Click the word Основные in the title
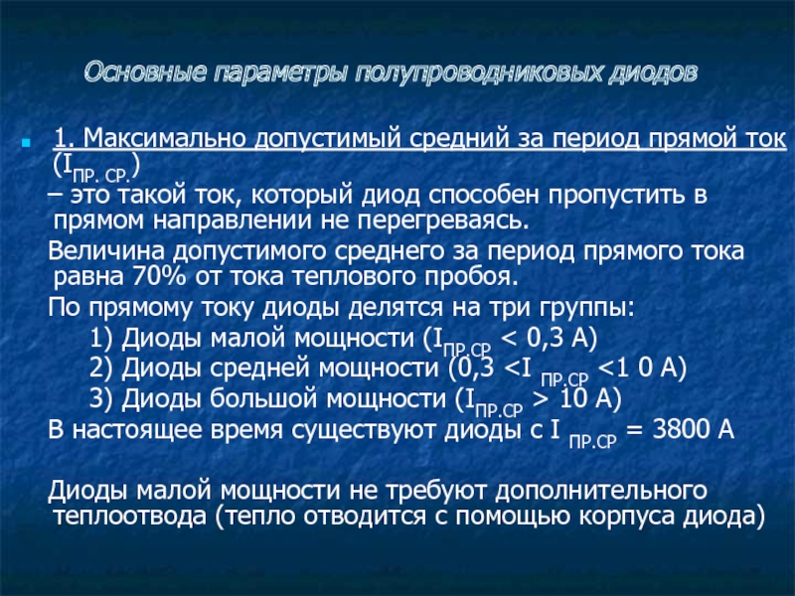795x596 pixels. click(145, 72)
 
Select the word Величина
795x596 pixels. click(106, 251)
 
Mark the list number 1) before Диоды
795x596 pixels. click(101, 338)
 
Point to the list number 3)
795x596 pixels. click(101, 399)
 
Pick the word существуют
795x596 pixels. click(364, 430)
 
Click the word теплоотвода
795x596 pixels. click(130, 517)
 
